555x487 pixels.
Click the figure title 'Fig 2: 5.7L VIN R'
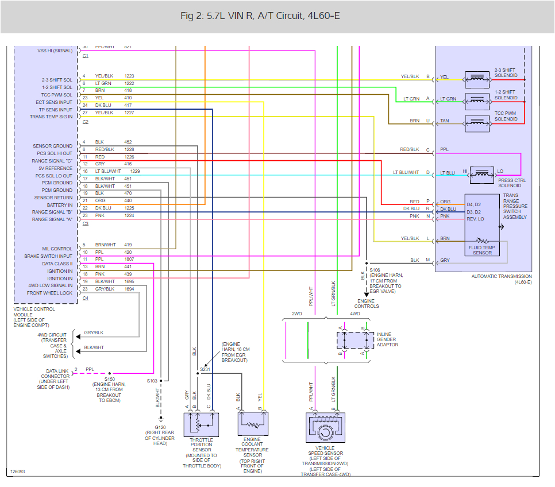point(260,16)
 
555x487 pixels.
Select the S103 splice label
point(152,381)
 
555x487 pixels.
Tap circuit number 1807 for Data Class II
point(129,259)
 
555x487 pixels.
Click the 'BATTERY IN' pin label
point(61,205)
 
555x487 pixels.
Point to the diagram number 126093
point(17,472)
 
